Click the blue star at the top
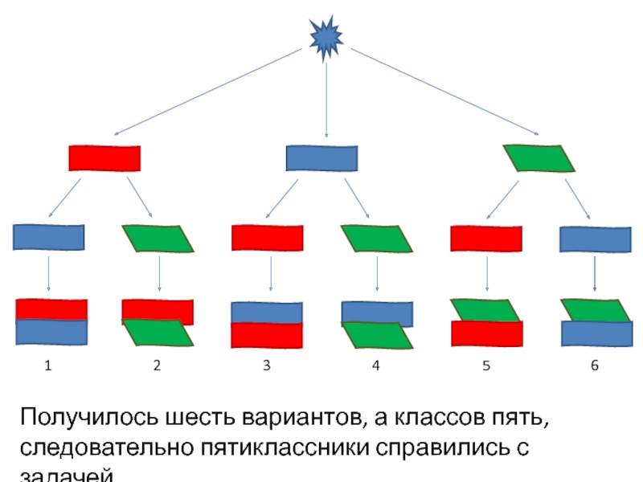click(x=326, y=37)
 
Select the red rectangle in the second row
click(x=104, y=158)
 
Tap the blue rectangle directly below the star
click(x=321, y=157)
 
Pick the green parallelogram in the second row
click(x=539, y=158)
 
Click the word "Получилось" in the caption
click(x=89, y=419)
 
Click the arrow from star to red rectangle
click(x=209, y=91)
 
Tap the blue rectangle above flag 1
click(x=49, y=238)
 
